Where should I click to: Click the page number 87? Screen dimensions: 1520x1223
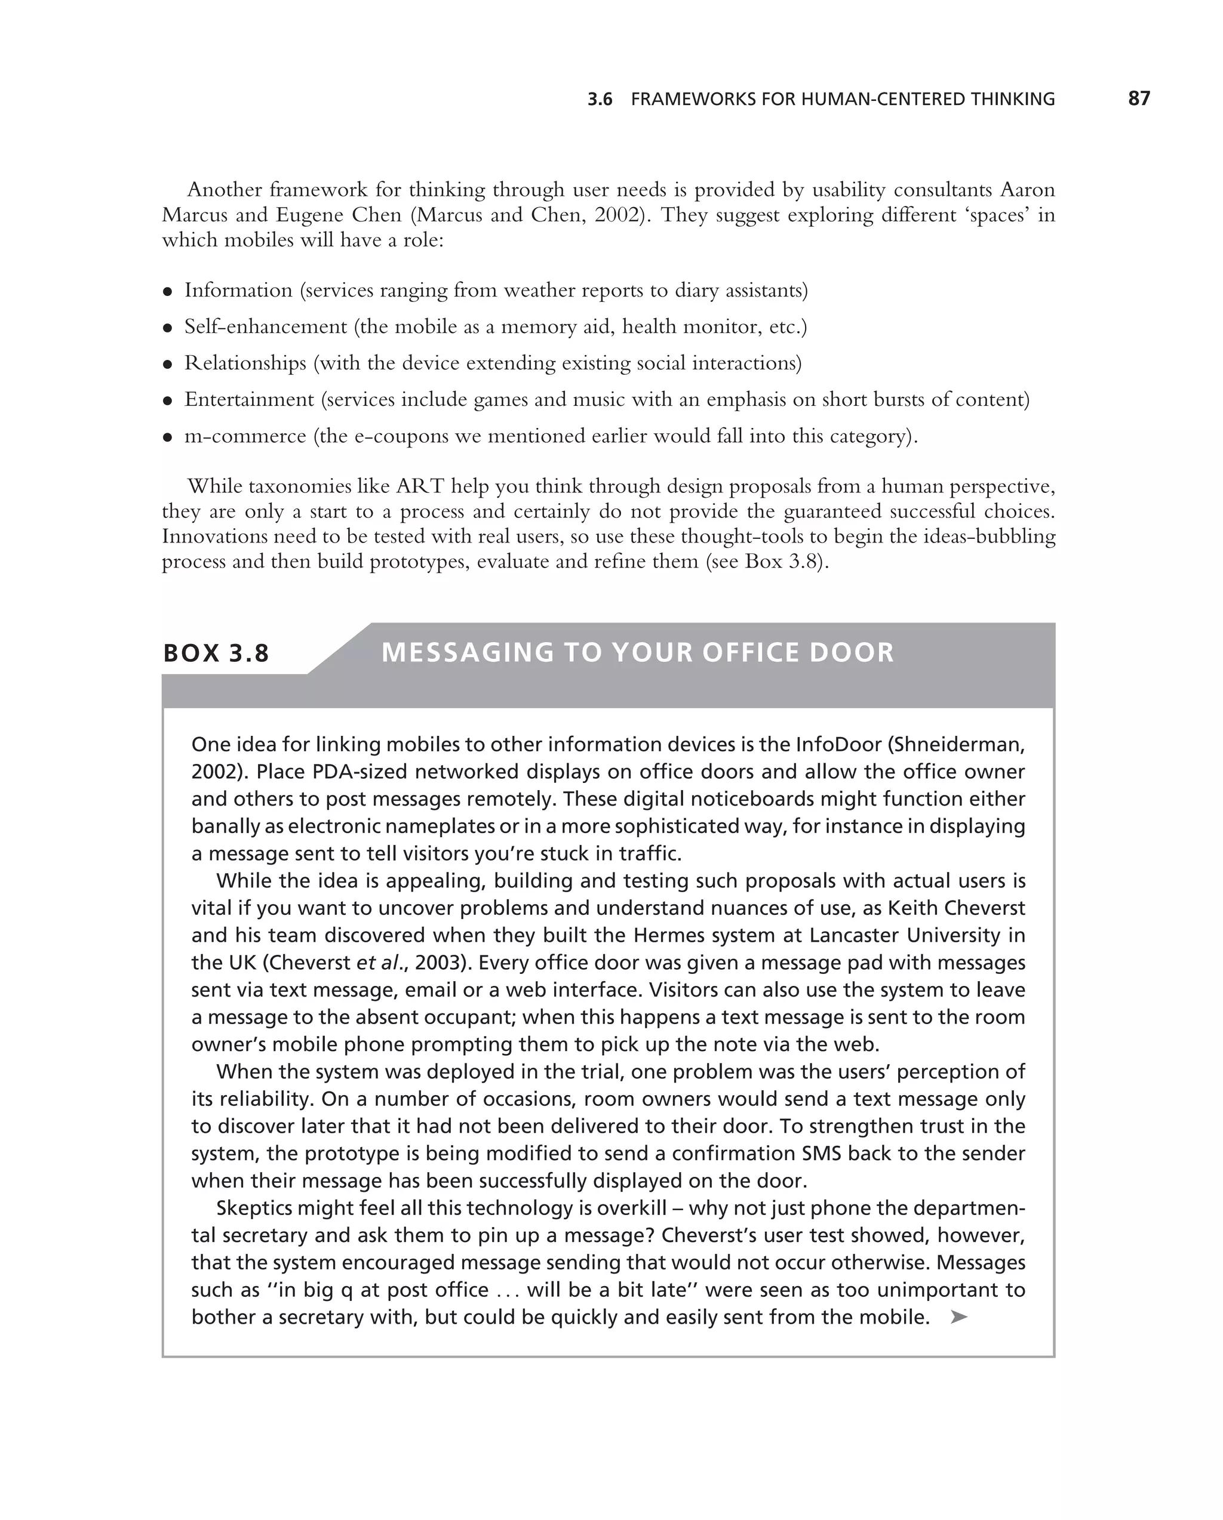(1138, 98)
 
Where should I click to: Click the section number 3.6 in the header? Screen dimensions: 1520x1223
(600, 100)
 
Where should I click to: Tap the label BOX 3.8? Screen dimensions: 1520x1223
(216, 653)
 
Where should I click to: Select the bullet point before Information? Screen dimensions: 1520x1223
(168, 292)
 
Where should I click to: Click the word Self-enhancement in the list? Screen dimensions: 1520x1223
(266, 327)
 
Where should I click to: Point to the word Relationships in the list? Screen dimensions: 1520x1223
(245, 363)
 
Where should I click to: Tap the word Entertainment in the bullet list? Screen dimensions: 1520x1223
(249, 400)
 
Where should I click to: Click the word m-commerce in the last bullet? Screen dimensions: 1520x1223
(245, 436)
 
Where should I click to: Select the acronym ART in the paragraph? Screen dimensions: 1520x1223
(420, 486)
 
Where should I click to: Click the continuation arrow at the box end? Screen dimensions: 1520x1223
(958, 1317)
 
